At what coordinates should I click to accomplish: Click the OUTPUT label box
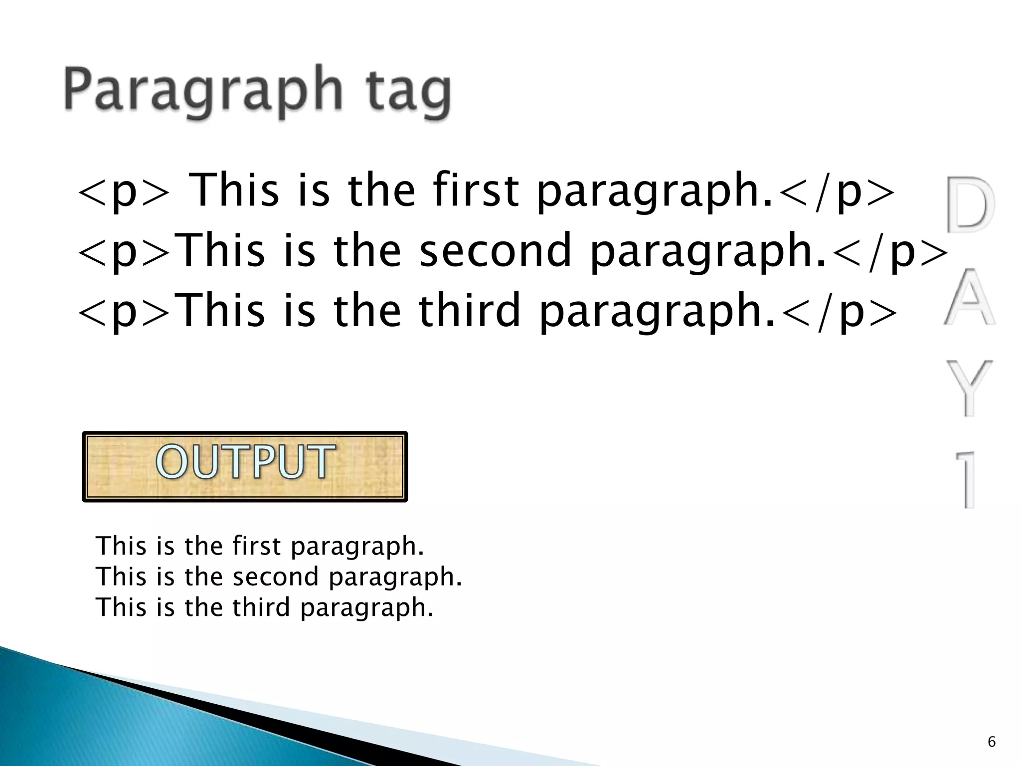tap(245, 466)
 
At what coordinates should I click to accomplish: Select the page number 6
tap(992, 742)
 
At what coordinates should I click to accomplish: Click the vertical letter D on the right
tap(969, 204)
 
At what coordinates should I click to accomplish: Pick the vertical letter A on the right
tap(969, 297)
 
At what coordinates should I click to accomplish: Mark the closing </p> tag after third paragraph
tap(837, 312)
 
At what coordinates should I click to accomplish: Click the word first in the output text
tap(256, 546)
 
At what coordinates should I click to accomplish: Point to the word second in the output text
tap(275, 576)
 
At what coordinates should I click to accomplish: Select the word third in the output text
tap(261, 607)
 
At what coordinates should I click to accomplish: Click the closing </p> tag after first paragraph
tap(835, 192)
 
